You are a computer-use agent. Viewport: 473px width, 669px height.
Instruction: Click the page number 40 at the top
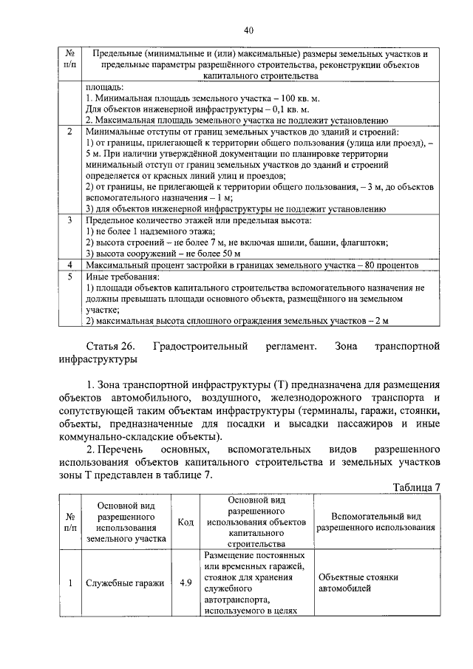coord(248,30)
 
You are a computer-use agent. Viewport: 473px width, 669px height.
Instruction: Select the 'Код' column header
coord(186,523)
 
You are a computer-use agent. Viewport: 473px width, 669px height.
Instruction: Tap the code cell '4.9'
coord(186,583)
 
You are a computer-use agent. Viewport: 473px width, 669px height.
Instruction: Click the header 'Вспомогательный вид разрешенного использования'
coord(376,523)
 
